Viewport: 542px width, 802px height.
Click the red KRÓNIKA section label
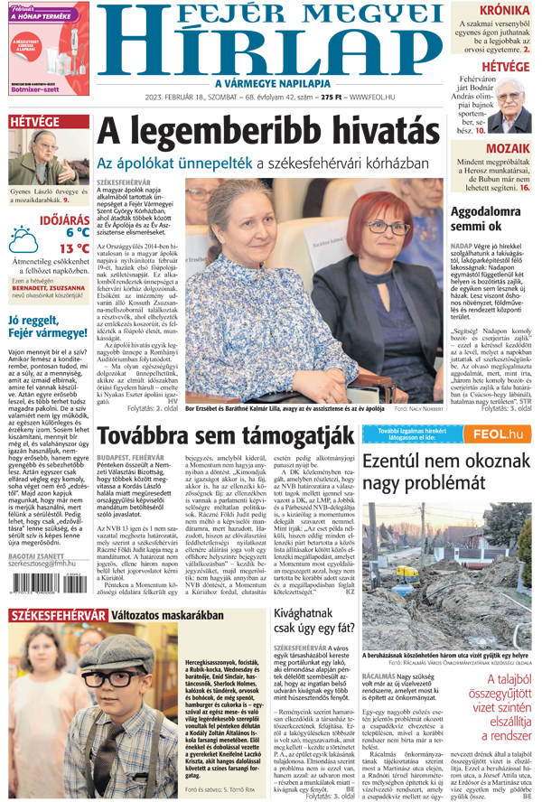click(504, 11)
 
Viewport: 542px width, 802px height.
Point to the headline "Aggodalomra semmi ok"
click(489, 219)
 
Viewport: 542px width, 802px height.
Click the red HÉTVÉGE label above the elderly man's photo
click(33, 121)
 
